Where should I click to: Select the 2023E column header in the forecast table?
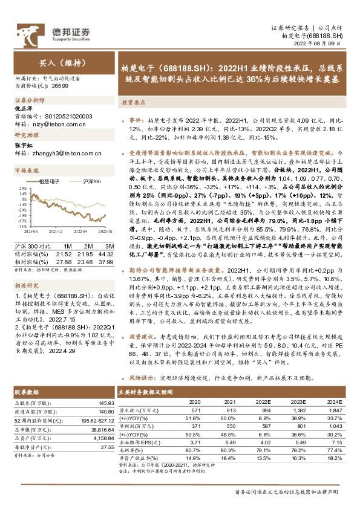[x=299, y=401]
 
